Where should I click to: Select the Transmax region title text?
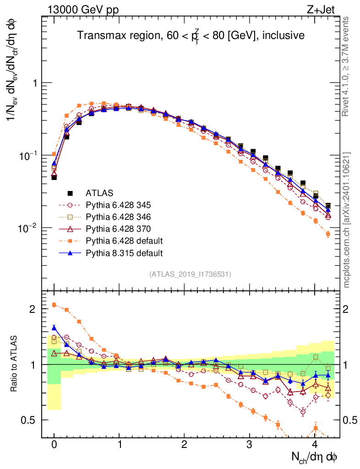[191, 35]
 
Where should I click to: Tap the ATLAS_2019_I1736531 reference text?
[190, 274]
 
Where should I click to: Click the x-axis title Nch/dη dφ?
[315, 457]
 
